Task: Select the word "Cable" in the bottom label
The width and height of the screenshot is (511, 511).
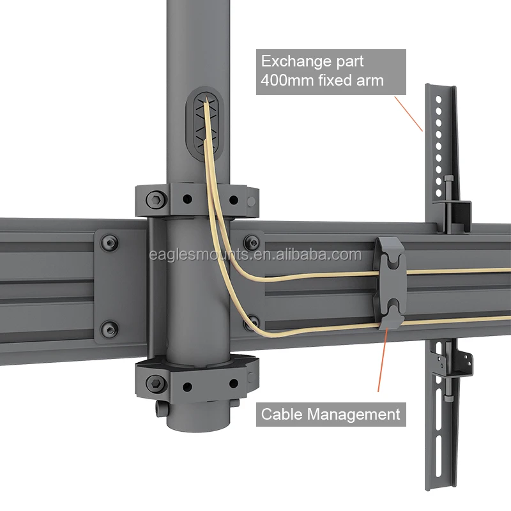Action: click(282, 414)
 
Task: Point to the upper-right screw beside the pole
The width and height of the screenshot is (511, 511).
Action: click(252, 242)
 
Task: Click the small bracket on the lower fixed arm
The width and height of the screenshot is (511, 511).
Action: click(464, 361)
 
